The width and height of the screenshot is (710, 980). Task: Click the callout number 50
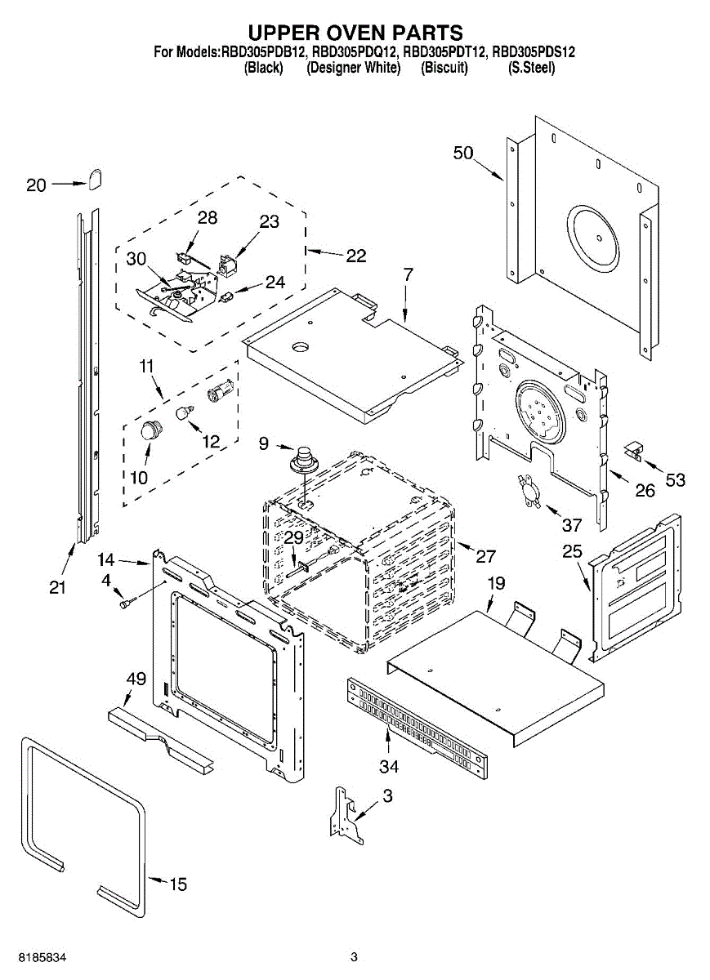[463, 154]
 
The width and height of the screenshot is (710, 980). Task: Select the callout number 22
[356, 256]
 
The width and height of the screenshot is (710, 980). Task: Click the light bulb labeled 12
[185, 412]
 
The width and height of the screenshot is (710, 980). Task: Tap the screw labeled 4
[127, 603]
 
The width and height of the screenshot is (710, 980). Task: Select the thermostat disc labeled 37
[529, 492]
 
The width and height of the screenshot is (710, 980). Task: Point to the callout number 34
[389, 767]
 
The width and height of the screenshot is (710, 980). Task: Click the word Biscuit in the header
[444, 68]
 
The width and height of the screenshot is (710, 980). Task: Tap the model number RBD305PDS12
[534, 52]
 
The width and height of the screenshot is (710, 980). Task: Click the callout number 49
[136, 679]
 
